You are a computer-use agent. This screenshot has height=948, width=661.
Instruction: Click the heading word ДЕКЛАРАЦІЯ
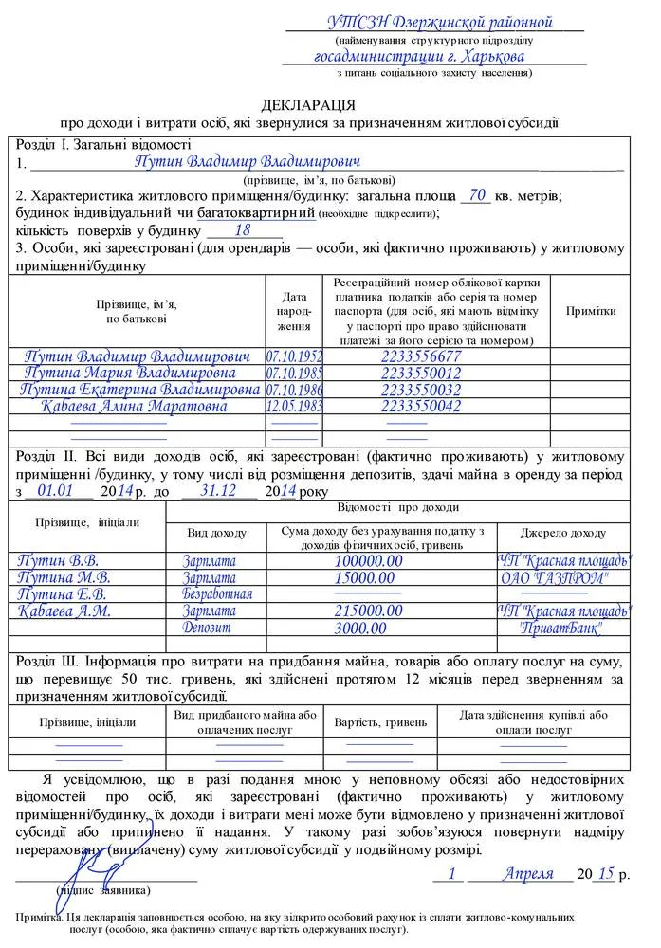pyautogui.click(x=308, y=103)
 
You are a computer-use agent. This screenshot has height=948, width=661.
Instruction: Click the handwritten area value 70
pyautogui.click(x=477, y=194)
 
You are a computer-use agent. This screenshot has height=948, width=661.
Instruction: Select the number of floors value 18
pyautogui.click(x=242, y=229)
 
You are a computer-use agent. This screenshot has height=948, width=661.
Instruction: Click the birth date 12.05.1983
pyautogui.click(x=294, y=406)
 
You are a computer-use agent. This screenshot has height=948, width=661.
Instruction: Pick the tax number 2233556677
pyautogui.click(x=420, y=356)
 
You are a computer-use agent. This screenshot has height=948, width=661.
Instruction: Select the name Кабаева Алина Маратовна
pyautogui.click(x=134, y=406)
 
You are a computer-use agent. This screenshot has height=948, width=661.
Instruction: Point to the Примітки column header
pyautogui.click(x=591, y=311)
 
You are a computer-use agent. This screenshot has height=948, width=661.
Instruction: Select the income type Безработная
pyautogui.click(x=217, y=594)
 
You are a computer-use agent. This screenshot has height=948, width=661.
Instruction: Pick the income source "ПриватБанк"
pyautogui.click(x=561, y=628)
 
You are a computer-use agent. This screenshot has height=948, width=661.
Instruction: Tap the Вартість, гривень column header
pyautogui.click(x=380, y=721)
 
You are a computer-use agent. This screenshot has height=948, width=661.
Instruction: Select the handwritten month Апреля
pyautogui.click(x=528, y=873)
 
